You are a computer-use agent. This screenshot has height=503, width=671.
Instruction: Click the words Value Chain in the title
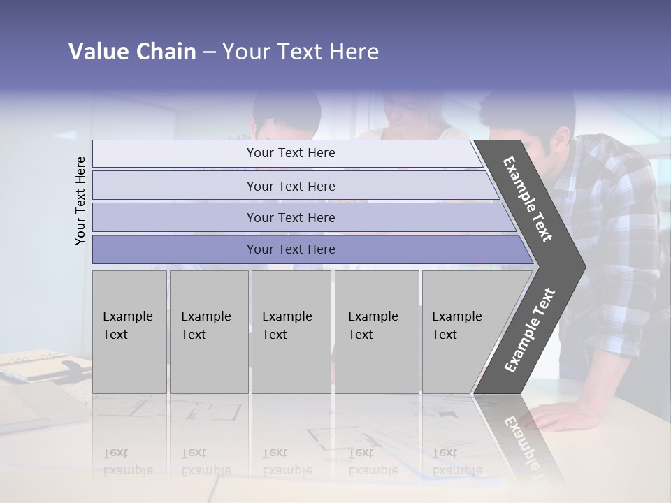pyautogui.click(x=132, y=52)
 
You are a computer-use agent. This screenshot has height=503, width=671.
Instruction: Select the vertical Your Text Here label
pyautogui.click(x=81, y=201)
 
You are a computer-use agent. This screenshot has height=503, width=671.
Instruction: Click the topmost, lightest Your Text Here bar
pyautogui.click(x=290, y=153)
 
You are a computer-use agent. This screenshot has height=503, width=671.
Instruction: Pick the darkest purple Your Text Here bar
pyautogui.click(x=290, y=249)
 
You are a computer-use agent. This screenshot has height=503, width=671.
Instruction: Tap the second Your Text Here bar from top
pyautogui.click(x=290, y=186)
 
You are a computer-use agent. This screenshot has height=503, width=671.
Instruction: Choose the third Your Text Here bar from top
pyautogui.click(x=290, y=217)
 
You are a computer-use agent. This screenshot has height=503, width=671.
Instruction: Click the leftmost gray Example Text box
pyautogui.click(x=129, y=332)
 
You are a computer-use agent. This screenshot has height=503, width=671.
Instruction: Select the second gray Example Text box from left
pyautogui.click(x=208, y=332)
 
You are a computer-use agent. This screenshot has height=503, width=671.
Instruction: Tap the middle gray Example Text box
pyautogui.click(x=291, y=332)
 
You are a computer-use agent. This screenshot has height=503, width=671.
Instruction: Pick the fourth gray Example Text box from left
pyautogui.click(x=376, y=332)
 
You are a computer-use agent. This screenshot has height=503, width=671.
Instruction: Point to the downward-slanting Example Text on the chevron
pyautogui.click(x=528, y=199)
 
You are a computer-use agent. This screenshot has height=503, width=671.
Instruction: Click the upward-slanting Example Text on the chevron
pyautogui.click(x=529, y=330)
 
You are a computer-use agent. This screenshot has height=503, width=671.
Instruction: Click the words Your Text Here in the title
pyautogui.click(x=301, y=52)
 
